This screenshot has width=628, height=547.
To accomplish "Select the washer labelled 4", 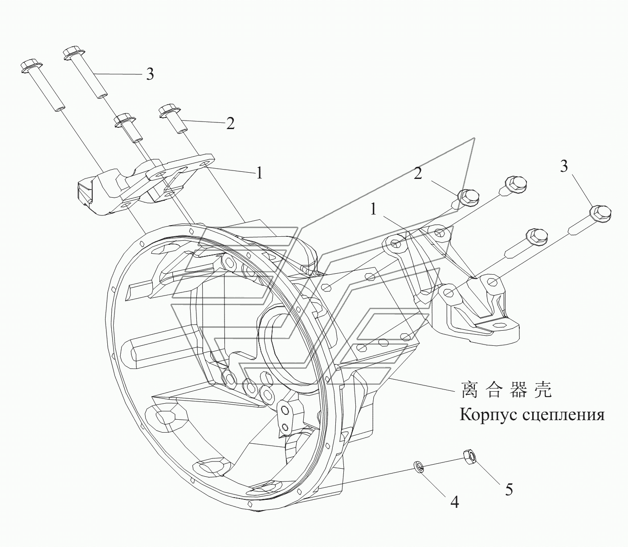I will pos(419,466).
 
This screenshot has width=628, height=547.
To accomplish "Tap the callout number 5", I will pos(509,490).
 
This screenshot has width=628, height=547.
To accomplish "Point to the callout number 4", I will pos(454,502).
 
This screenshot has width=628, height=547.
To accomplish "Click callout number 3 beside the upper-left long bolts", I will pos(150,74).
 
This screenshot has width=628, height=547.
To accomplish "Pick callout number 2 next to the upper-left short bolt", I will pos(230,123).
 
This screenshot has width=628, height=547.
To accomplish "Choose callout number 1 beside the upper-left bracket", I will pos(259,172).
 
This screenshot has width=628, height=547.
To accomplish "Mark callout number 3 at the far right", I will pos(564,167).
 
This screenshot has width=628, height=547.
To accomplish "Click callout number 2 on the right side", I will pos(417,174).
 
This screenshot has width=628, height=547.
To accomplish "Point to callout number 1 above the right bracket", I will pos(373,209).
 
